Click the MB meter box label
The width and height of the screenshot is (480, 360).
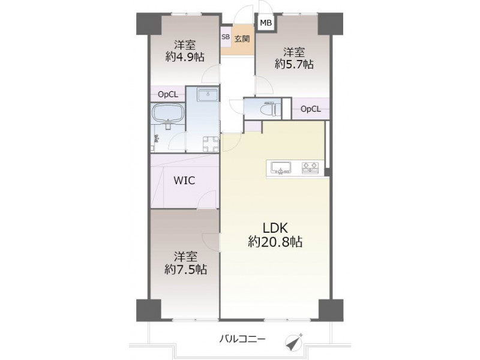click(266, 23)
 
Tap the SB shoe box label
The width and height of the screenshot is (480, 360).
click(226, 37)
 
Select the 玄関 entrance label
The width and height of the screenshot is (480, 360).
click(242, 39)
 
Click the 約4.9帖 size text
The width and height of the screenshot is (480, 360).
click(185, 57)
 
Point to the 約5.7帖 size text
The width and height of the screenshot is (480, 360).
click(294, 64)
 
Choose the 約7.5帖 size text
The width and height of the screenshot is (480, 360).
click(185, 269)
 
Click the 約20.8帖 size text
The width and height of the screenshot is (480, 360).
click(275, 242)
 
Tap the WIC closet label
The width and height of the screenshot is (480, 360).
click(184, 181)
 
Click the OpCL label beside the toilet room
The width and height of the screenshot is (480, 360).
click(310, 109)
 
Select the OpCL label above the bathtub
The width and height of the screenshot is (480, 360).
click(168, 95)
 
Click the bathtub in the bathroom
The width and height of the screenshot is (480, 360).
click(167, 114)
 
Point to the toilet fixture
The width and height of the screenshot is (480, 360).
click(270, 109)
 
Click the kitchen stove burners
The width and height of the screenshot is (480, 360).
click(310, 168)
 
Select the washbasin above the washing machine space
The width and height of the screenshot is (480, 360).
click(208, 95)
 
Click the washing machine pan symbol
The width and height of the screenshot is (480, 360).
click(211, 144)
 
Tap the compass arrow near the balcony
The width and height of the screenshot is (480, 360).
click(294, 341)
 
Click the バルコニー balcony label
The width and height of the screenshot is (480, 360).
click(242, 339)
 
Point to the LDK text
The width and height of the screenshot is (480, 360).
click(275, 228)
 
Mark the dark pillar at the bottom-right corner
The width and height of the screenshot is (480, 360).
click(331, 310)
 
